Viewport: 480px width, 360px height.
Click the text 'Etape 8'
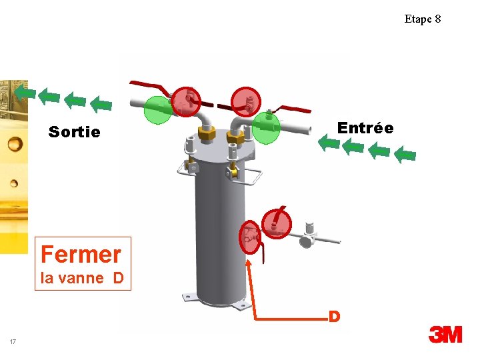422,19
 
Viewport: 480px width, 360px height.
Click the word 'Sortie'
74,132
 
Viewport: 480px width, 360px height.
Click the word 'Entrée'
365,127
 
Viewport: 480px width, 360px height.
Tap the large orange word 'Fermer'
81,254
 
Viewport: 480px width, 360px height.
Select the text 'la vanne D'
82,278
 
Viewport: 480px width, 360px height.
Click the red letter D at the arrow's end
335,315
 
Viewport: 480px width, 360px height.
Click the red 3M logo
445,334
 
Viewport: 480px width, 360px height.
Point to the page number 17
13,342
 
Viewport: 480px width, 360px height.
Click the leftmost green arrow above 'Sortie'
25,91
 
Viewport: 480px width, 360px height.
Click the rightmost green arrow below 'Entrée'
404,155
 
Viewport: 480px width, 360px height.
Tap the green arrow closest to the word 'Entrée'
328,142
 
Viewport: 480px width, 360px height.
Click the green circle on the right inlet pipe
265,127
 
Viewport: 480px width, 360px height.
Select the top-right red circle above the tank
246,102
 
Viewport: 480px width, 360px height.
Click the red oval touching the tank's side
250,237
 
